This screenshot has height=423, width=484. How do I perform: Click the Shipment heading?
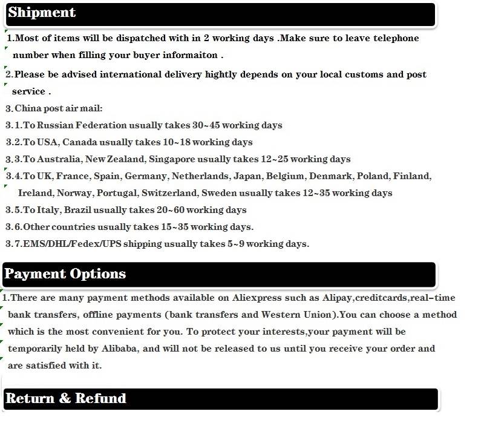42,13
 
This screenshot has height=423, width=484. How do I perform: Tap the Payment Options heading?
65,274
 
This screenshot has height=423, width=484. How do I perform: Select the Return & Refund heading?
65,398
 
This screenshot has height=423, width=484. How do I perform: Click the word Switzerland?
169,193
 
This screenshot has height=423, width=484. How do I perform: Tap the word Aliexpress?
257,298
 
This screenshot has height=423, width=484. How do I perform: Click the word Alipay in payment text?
336,298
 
